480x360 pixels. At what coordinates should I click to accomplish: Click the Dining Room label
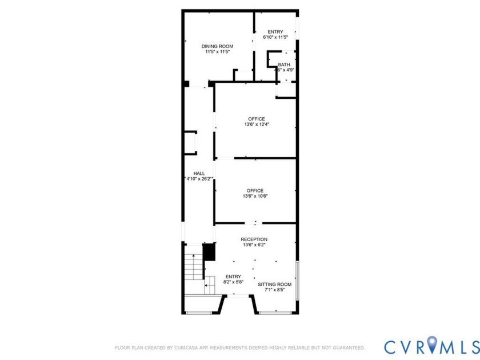pos(217,46)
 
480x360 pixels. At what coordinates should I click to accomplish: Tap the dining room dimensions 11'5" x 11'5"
pos(217,52)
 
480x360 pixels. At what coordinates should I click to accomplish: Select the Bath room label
pos(284,65)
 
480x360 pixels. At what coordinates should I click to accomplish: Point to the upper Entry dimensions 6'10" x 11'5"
pos(275,37)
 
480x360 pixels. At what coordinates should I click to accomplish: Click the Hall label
pos(199,173)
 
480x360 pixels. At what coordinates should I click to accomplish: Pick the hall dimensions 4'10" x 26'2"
pos(199,179)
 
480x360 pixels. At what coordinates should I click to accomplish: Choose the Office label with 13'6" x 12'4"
pos(256,119)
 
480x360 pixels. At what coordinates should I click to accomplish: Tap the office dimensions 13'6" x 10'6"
pos(255,196)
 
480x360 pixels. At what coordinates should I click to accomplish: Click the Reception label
pos(254,239)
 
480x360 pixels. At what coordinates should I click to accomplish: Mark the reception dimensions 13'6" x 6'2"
pos(254,245)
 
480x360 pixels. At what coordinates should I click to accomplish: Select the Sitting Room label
pos(274,284)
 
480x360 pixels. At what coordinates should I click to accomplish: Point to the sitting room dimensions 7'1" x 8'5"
pos(274,290)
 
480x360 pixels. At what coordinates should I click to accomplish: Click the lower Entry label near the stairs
pos(233,276)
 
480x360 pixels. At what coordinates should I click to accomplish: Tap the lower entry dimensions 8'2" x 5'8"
pos(233,282)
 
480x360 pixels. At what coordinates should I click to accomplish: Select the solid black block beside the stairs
pos(209,252)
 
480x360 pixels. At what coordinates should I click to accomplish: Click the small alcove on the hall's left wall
pos(190,143)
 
